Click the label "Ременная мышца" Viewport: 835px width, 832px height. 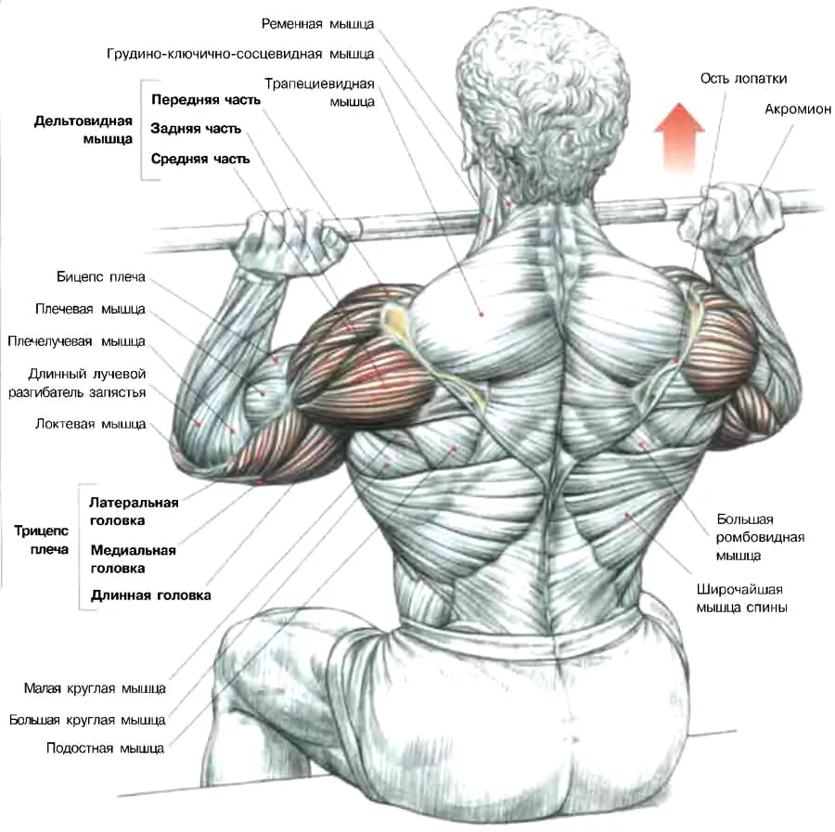(318, 24)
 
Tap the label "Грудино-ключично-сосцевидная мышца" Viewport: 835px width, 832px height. (240, 55)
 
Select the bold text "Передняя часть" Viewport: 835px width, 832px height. (206, 100)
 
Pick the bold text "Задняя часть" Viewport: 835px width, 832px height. (196, 129)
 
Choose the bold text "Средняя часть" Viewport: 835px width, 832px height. (200, 160)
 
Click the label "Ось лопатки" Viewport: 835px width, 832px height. (743, 79)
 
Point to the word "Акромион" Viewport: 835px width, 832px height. (798, 109)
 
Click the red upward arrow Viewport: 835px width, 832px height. (679, 137)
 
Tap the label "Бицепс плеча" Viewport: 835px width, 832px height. (100, 277)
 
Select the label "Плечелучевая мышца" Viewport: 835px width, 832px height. (76, 341)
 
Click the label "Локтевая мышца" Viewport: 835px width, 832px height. (91, 424)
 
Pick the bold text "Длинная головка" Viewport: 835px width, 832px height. (150, 595)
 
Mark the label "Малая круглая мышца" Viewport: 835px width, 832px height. (95, 689)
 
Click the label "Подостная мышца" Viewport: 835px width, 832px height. (105, 749)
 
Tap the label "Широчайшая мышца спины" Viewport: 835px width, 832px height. (742, 598)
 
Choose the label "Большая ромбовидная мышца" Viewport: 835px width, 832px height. (760, 537)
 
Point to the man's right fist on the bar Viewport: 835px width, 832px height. (732, 217)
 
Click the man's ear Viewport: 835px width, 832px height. (567, 145)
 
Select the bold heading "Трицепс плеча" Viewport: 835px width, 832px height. (42, 541)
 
